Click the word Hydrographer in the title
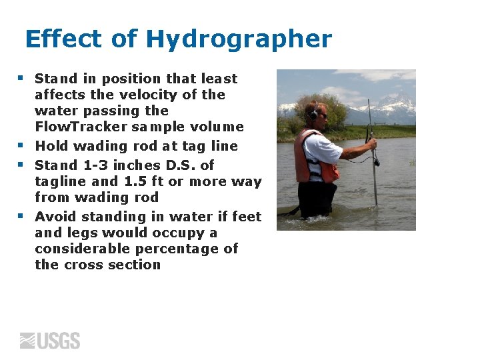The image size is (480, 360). (239, 40)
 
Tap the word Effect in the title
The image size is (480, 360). (63, 39)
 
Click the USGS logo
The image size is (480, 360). (50, 341)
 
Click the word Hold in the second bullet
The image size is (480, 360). (51, 146)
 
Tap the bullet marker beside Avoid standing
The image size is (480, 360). (21, 216)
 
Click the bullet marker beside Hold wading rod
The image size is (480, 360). (21, 145)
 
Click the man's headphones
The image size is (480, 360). (313, 113)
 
